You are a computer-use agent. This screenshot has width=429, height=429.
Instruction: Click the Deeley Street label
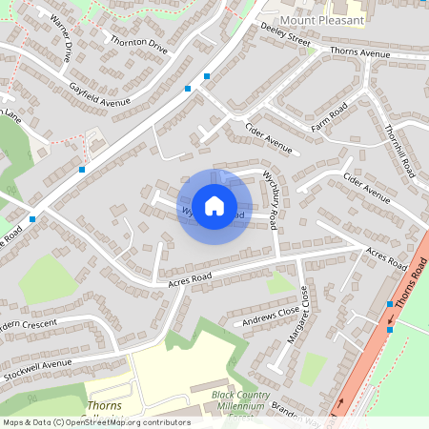(x=286, y=34)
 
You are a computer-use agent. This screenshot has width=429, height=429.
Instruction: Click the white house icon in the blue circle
(x=214, y=205)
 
